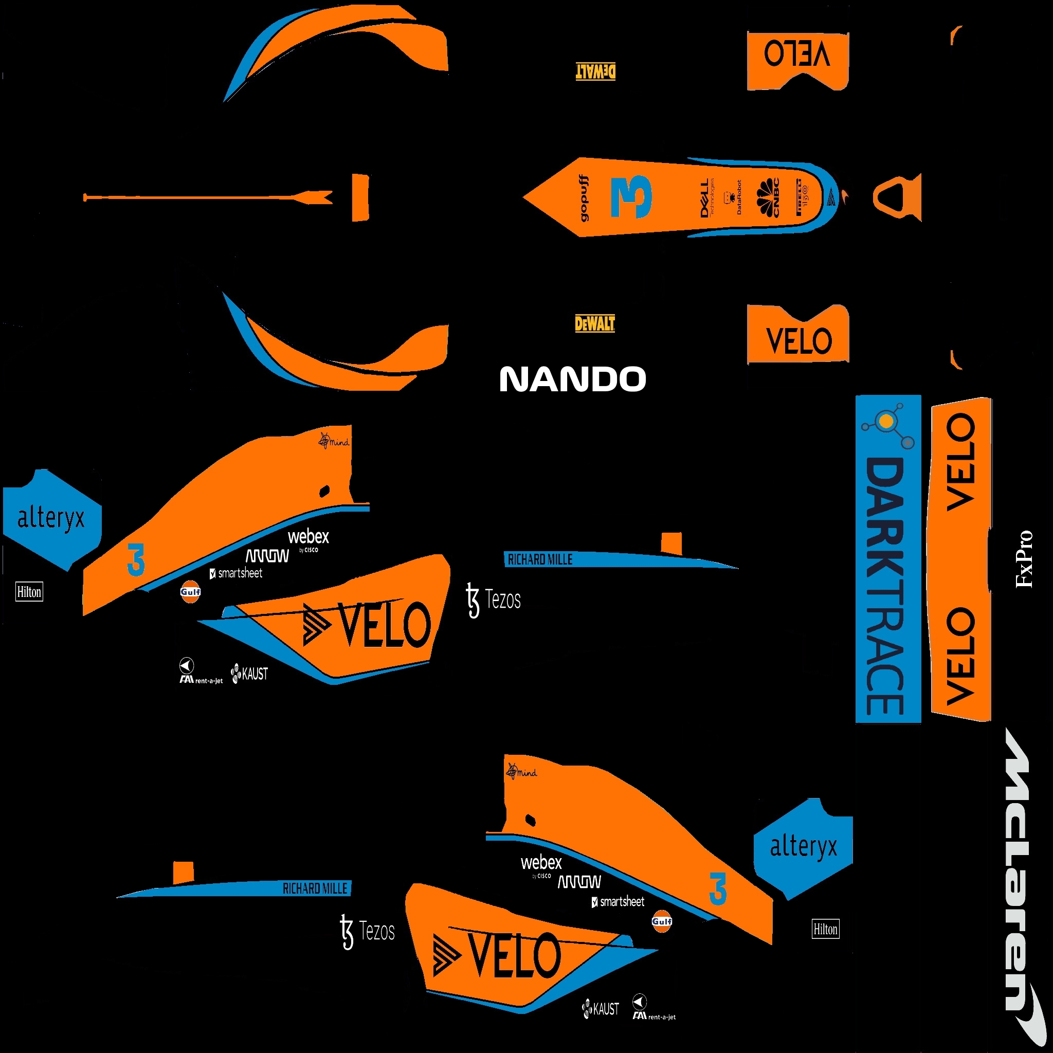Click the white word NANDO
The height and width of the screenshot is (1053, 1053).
tap(572, 379)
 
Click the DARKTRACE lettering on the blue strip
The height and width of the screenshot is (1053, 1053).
tap(886, 586)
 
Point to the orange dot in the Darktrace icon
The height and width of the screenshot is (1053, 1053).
tap(887, 421)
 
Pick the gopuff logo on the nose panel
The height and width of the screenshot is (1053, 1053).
tap(584, 198)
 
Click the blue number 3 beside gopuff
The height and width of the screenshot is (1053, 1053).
tap(631, 197)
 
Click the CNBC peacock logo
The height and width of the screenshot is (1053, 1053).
tap(769, 197)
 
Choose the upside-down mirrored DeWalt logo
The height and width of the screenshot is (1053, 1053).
tap(596, 71)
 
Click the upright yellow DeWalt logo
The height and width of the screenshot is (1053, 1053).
tap(595, 324)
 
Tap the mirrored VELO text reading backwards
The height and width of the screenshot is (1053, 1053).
tap(797, 54)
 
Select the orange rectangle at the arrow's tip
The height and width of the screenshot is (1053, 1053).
tap(360, 197)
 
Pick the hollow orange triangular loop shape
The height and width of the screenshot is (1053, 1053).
tap(897, 197)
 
